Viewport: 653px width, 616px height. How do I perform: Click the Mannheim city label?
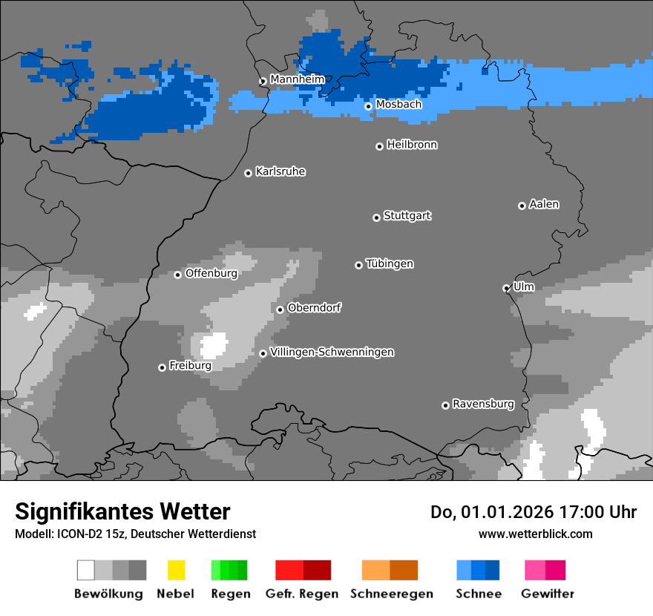tap(297, 79)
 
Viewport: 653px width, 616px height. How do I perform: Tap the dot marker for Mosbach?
tap(368, 106)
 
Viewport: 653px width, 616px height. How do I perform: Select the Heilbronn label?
tap(412, 145)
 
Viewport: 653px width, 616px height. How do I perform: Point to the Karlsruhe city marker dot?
tap(249, 173)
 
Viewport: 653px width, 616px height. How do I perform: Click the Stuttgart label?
tap(407, 216)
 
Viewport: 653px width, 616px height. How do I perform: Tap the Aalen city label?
tap(544, 204)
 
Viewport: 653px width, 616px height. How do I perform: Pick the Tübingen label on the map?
tap(390, 263)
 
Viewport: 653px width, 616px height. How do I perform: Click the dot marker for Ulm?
tap(506, 288)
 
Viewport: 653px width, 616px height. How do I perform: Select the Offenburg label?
tap(211, 273)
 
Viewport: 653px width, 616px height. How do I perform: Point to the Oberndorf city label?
tap(314, 307)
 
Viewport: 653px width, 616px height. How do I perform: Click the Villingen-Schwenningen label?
tap(332, 352)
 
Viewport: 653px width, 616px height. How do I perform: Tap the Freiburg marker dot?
tap(162, 367)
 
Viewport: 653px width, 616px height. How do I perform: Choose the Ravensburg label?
tap(483, 404)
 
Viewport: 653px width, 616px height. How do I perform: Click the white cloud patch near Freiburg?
tap(214, 345)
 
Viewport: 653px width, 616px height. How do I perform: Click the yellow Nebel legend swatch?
tap(176, 570)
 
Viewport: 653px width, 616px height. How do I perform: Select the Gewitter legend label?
tap(547, 594)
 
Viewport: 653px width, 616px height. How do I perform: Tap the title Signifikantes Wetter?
tap(122, 511)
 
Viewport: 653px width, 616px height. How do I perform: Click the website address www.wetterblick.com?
tap(535, 534)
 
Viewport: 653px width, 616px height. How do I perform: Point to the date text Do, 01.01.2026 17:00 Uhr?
tap(533, 512)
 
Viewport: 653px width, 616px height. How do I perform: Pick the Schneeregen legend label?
tap(391, 594)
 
